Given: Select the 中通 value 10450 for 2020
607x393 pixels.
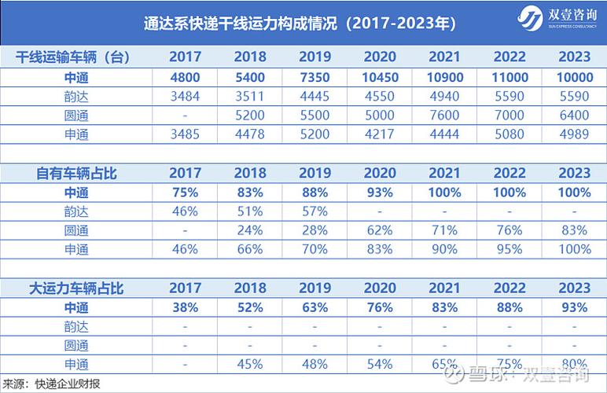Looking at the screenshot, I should click(379, 77).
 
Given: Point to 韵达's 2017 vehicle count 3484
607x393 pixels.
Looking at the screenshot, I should click(186, 97).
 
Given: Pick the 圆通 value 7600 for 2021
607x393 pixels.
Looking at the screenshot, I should click(444, 116).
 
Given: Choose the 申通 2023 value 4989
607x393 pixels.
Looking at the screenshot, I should click(573, 134).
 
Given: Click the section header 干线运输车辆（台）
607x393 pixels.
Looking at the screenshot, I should click(73, 57).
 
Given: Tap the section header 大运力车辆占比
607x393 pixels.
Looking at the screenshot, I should click(73, 288).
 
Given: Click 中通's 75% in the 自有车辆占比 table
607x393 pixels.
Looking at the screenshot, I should click(186, 193).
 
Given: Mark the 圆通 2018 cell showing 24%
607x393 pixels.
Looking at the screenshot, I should click(250, 231).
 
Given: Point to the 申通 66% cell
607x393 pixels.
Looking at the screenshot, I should click(250, 250).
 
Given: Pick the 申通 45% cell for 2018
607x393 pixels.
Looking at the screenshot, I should click(250, 365).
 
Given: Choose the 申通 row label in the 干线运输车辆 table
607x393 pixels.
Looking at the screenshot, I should click(76, 134).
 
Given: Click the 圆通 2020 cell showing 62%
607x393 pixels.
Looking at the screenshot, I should click(379, 231).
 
